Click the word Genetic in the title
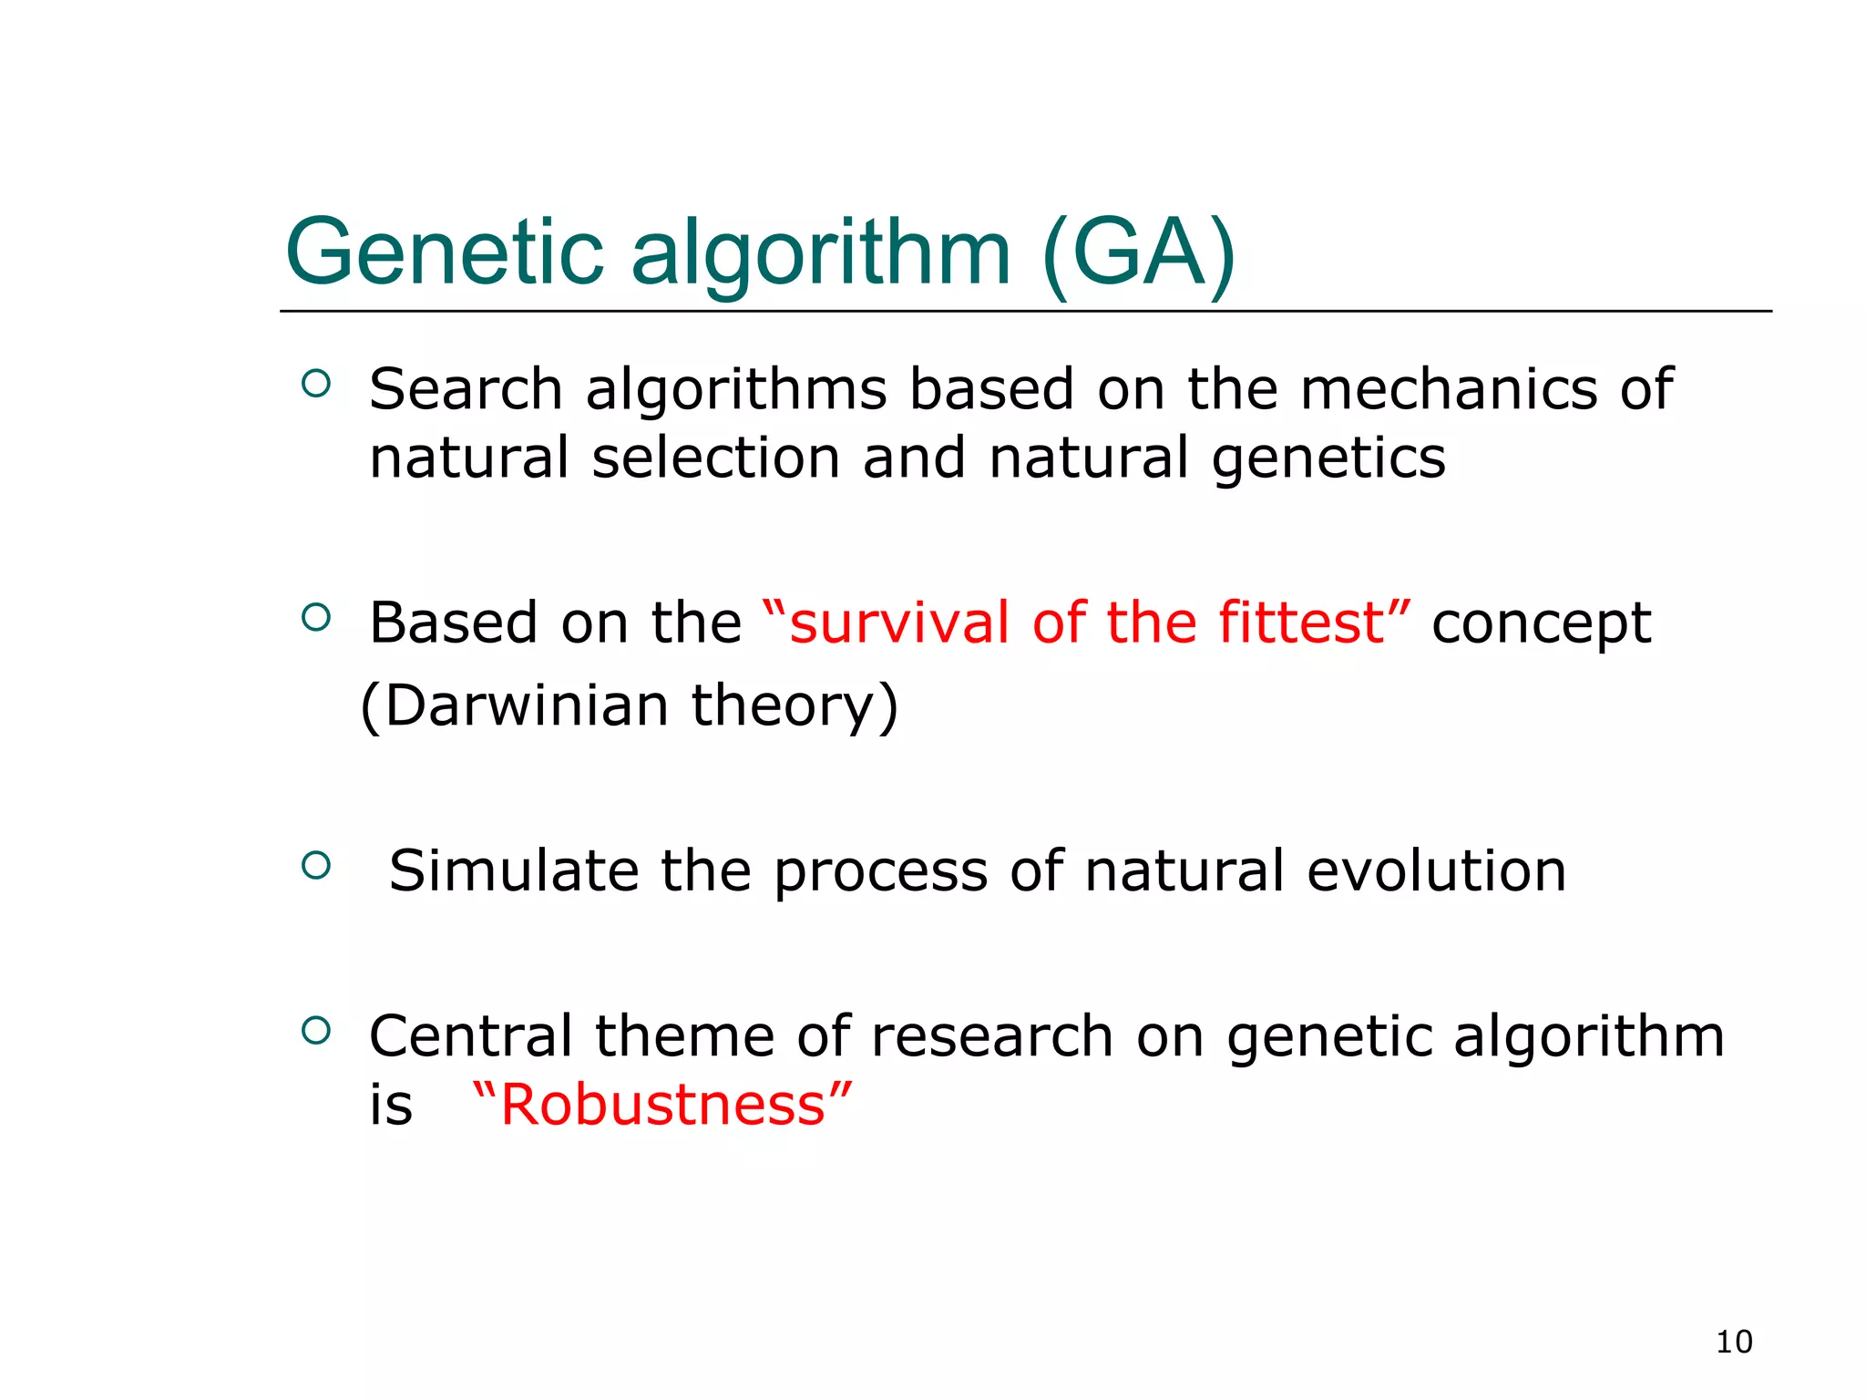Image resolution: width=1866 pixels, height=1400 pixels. (444, 253)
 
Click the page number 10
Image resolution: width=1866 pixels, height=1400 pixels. (1733, 1342)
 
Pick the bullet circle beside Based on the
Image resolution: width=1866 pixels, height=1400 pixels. (315, 618)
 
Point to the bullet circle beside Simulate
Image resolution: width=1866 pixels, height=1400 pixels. (315, 865)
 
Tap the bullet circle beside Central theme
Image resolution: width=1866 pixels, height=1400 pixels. (315, 1031)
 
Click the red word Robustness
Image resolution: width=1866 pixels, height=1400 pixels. (662, 1105)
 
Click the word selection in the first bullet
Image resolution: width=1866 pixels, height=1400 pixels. (715, 458)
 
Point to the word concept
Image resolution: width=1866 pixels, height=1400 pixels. (1541, 625)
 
